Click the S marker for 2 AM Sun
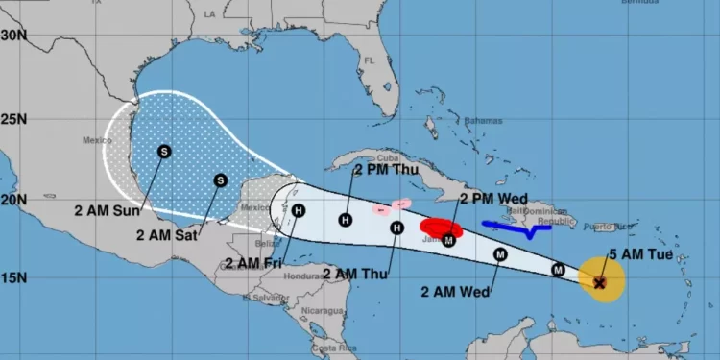(164, 151)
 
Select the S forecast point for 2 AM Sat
(220, 180)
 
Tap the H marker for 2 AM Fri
(299, 211)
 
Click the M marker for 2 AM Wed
(500, 254)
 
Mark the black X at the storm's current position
(600, 283)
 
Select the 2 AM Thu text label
(355, 274)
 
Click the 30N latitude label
(12, 36)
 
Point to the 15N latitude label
(12, 278)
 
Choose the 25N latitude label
(12, 120)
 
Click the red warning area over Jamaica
(442, 228)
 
